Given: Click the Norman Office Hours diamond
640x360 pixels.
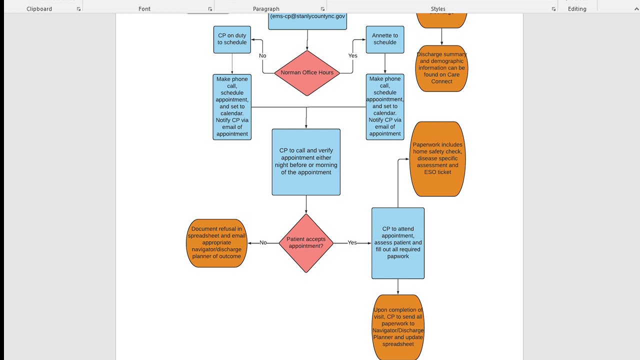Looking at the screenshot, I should tap(307, 73).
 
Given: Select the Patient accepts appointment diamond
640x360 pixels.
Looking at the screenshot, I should tap(305, 243).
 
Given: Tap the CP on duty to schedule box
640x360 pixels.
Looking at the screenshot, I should tap(232, 39).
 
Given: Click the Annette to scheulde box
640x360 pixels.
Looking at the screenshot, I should tap(385, 39).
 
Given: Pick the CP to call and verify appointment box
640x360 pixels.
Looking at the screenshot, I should tap(306, 162).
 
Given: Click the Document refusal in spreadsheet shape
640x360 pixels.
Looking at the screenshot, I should tap(216, 243).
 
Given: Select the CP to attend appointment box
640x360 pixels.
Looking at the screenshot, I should tap(398, 243).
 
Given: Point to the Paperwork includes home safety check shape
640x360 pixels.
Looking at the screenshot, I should tap(437, 159).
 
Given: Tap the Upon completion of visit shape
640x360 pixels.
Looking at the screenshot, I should tap(398, 327).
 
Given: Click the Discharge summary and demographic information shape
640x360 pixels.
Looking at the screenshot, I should tap(441, 68).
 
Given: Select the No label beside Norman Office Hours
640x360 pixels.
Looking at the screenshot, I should tap(262, 56).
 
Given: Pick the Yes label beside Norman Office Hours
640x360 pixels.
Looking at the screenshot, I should tap(353, 56).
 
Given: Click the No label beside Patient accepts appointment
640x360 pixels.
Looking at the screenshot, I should tap(263, 243).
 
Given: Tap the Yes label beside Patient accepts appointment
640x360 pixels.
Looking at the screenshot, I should tap(352, 243).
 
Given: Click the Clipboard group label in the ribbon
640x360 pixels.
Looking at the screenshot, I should tap(39, 9).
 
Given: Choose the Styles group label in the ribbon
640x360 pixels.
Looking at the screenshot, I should tap(438, 9).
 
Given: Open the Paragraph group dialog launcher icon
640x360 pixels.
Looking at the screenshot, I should tap(322, 9).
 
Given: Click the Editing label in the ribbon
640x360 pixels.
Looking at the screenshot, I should tap(577, 9).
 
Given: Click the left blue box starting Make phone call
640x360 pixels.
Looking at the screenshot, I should tap(232, 107).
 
